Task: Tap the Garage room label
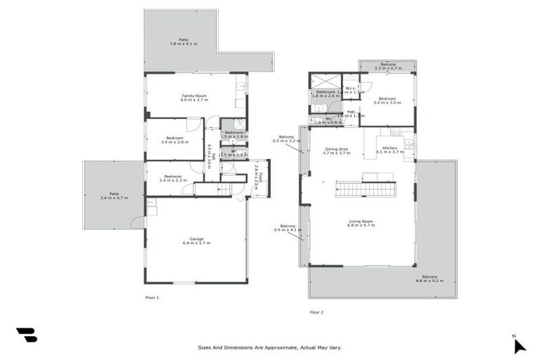196,240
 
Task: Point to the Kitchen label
390,150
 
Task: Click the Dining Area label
336,150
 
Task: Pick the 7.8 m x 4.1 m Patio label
183,41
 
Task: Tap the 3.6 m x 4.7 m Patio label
113,196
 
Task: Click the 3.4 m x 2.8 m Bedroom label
174,140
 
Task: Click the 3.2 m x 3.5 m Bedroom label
387,101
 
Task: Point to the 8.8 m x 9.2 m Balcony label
429,278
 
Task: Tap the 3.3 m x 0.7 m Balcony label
387,66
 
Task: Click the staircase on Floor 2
365,188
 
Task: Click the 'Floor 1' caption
152,298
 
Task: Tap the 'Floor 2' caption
316,312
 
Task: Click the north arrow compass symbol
518,345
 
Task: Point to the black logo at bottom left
27,335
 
